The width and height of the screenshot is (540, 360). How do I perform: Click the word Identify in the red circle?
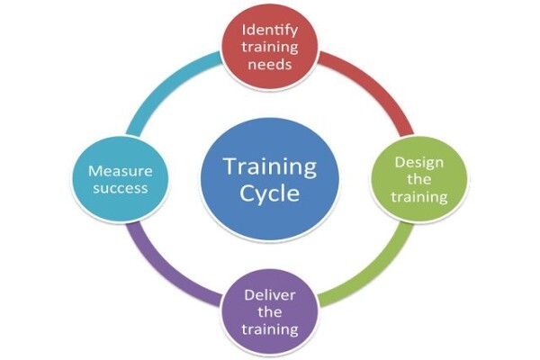coord(270,31)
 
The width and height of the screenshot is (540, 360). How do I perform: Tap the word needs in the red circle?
coord(270,65)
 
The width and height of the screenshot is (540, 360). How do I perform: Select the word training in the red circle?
coord(270,48)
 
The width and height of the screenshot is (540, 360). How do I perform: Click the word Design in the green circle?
coord(419,163)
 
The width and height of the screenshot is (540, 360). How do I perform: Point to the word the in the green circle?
coord(419,179)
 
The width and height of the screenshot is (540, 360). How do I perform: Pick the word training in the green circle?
coord(419,197)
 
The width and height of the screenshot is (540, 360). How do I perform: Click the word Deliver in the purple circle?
coord(270,295)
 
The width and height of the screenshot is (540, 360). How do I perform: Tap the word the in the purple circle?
coord(270,312)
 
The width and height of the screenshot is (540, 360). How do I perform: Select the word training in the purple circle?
coord(270,329)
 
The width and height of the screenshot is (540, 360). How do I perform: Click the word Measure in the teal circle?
coord(121,171)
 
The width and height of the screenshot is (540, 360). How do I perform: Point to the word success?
coord(121,188)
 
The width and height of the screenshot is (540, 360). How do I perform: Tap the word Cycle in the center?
coord(270,193)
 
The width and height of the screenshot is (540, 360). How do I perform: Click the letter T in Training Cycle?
coord(232,166)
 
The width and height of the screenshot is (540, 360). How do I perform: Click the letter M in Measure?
coord(95,171)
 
